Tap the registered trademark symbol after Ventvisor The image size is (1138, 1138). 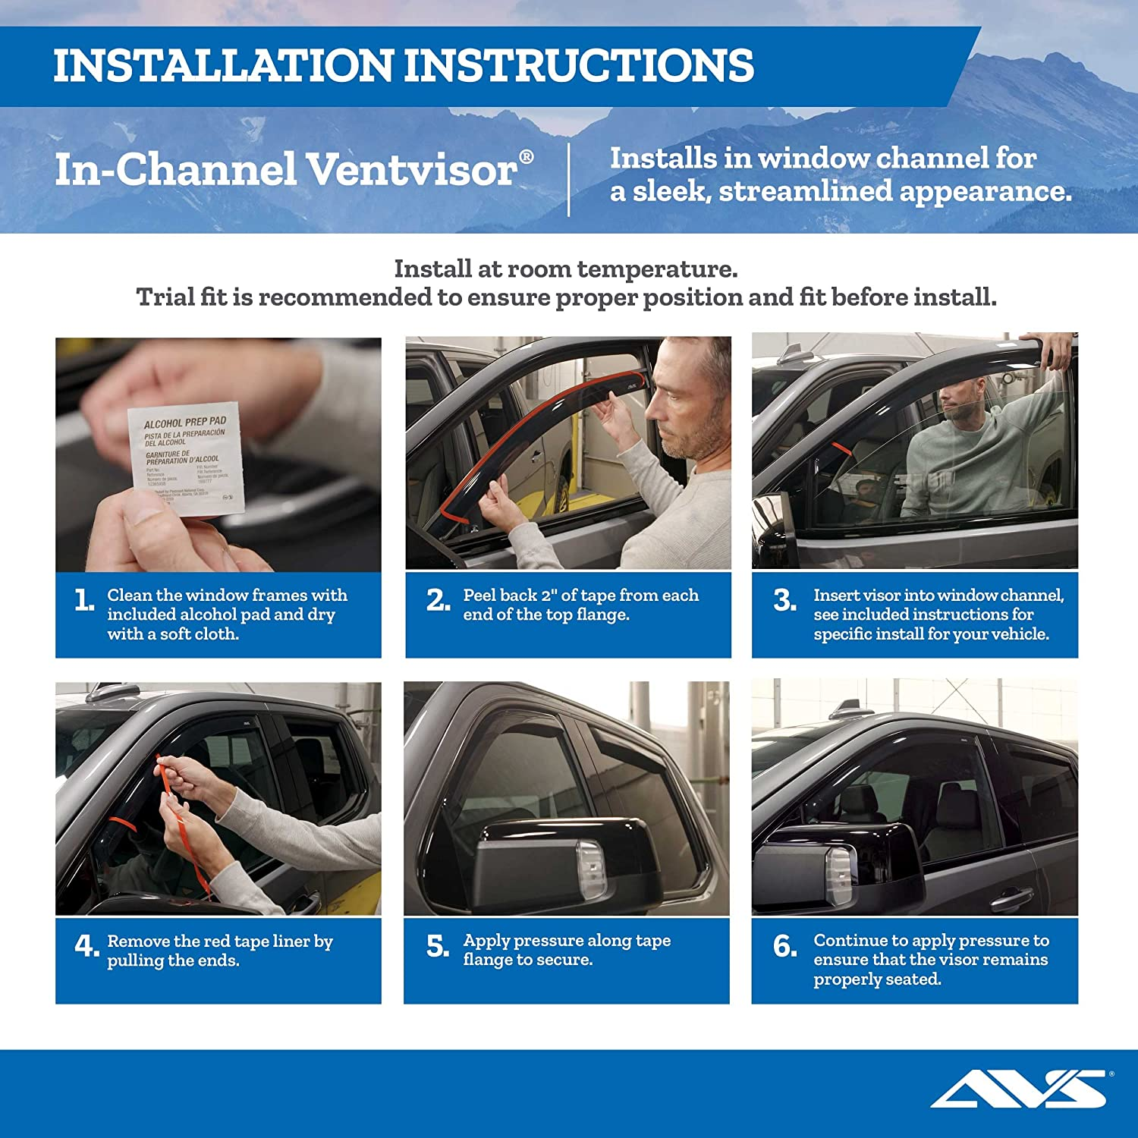pyautogui.click(x=526, y=157)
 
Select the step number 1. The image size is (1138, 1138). pyautogui.click(x=84, y=601)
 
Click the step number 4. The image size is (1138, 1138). pyautogui.click(x=86, y=946)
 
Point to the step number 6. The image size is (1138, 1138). pyautogui.click(x=784, y=946)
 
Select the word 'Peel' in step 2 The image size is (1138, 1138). pyautogui.click(x=482, y=596)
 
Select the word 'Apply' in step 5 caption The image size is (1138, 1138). pyautogui.click(x=485, y=941)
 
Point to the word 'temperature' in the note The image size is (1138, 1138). pyautogui.click(x=656, y=269)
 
